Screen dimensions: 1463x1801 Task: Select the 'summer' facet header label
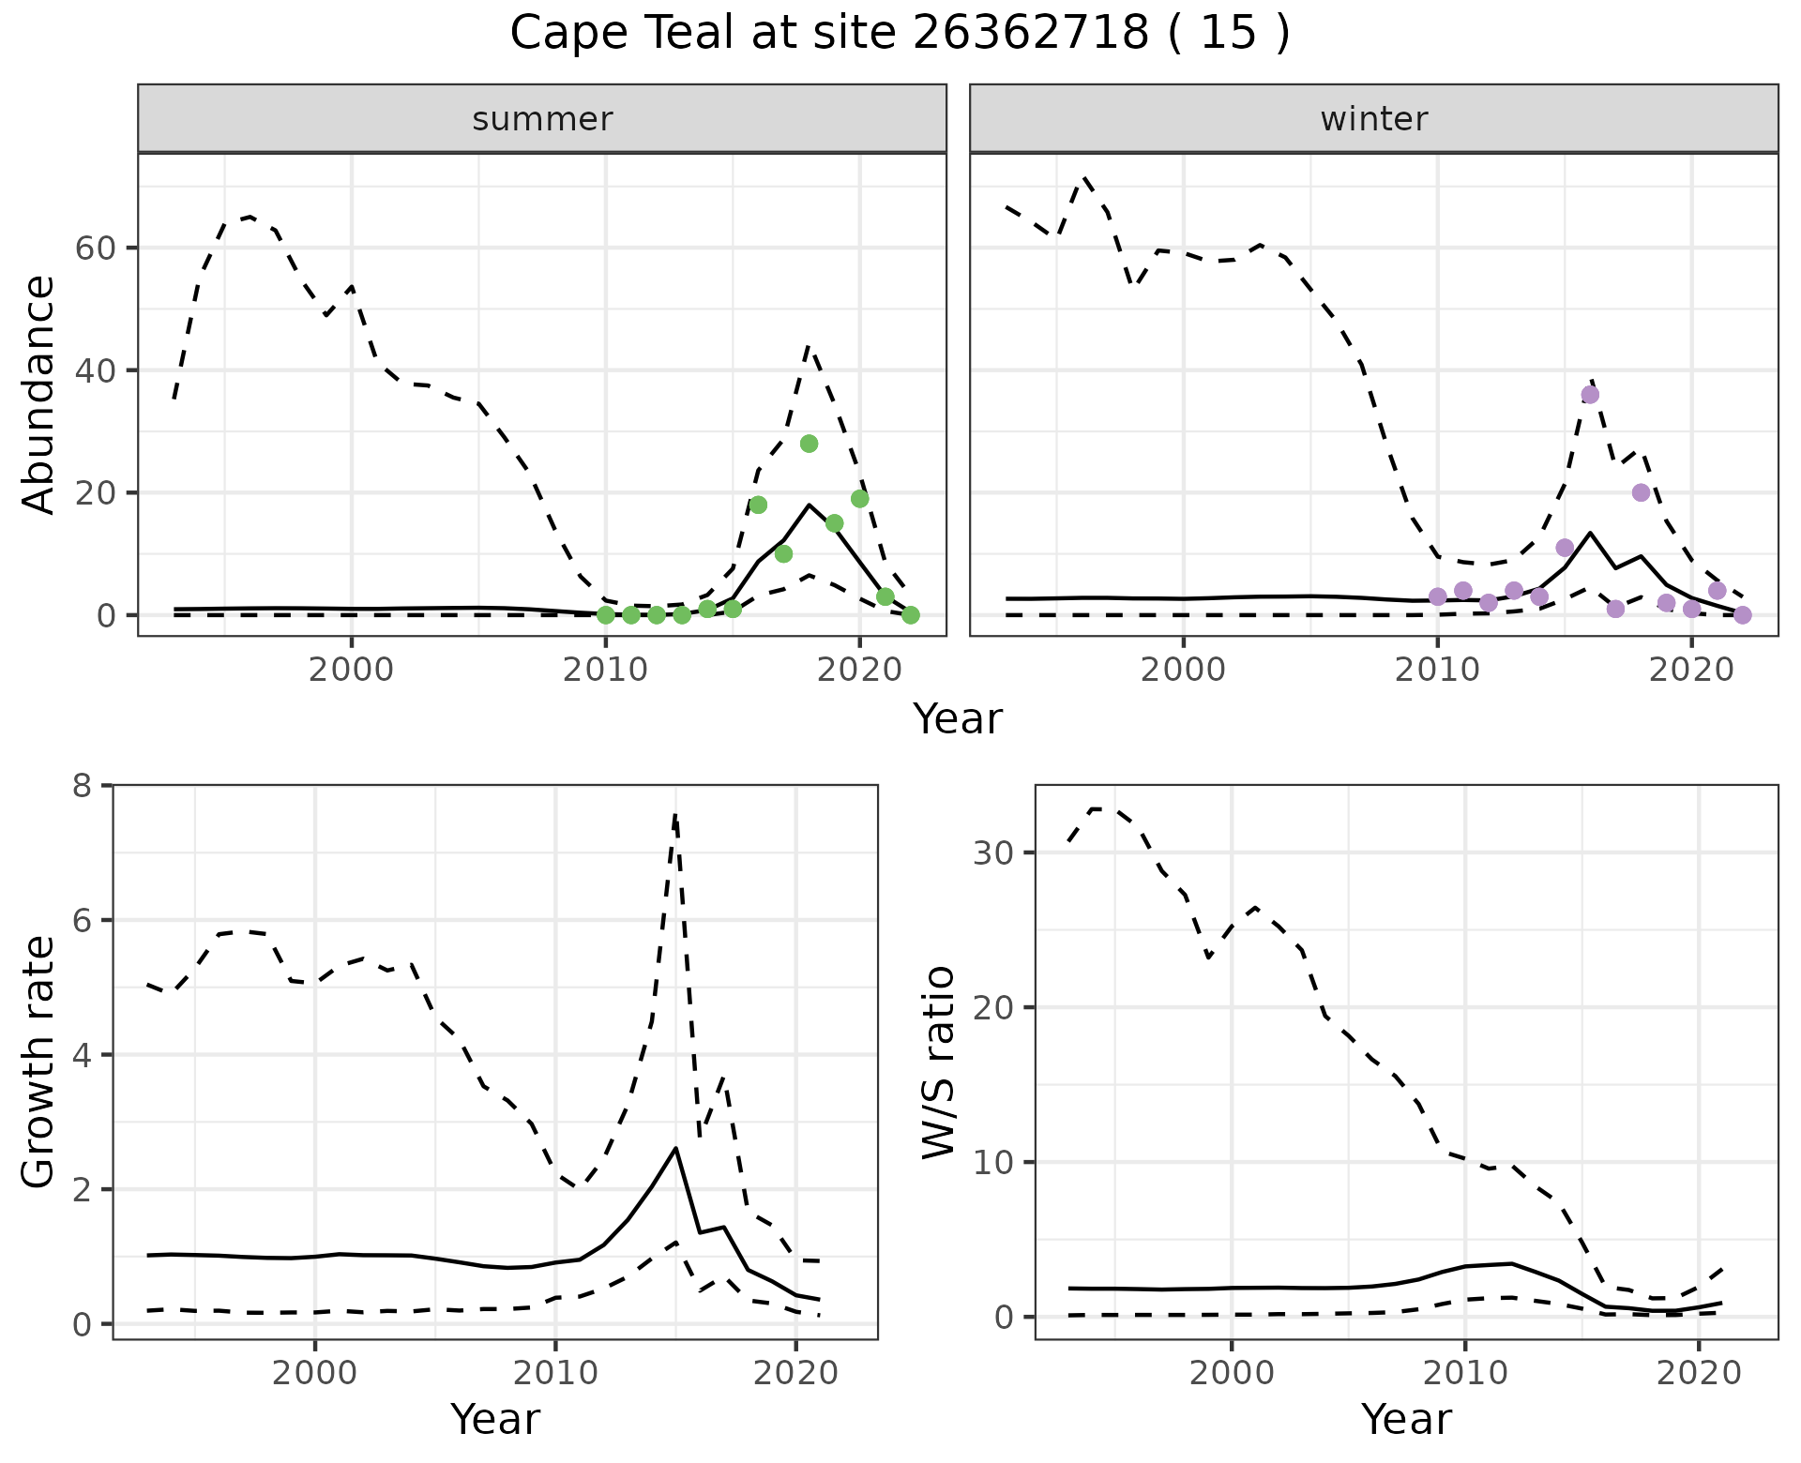coord(542,119)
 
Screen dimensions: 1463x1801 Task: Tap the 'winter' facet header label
coord(1373,119)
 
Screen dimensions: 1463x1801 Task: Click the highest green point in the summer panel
coord(809,444)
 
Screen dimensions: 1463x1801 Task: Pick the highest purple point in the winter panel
coord(1590,395)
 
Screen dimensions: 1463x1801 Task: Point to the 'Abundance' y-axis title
coord(39,395)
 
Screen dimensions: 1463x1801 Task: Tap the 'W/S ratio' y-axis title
coord(938,1063)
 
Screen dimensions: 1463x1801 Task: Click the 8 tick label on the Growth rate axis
coord(83,785)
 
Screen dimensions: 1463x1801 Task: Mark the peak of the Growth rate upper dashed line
coord(675,815)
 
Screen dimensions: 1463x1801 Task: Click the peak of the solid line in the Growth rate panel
coord(675,1148)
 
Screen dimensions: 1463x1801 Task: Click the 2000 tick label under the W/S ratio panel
coord(1231,1373)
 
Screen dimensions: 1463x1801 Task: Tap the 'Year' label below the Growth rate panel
coord(495,1420)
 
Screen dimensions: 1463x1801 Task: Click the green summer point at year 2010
coord(606,615)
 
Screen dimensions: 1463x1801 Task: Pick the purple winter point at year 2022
coord(1742,615)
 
